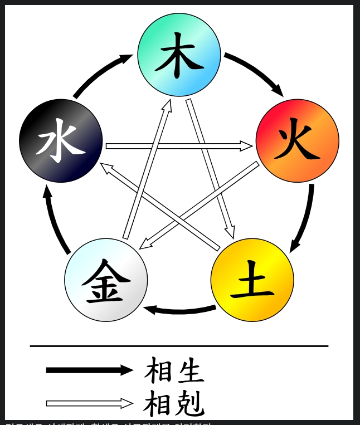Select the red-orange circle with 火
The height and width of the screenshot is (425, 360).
[x=297, y=140]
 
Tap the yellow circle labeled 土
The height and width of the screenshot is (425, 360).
[x=252, y=280]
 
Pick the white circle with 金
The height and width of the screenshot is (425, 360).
[x=106, y=280]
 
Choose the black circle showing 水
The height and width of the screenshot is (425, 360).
[x=61, y=140]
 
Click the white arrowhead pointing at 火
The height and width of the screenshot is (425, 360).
[x=246, y=146]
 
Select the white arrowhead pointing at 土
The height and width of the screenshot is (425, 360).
[x=230, y=231]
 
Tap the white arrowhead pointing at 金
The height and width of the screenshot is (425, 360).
[x=144, y=243]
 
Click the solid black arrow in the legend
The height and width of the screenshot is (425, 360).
[x=89, y=370]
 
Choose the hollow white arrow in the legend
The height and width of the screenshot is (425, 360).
[x=89, y=403]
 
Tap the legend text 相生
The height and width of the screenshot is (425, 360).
[x=174, y=371]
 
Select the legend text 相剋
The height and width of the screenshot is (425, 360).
[x=174, y=404]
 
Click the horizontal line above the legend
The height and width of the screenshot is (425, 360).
[x=179, y=346]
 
